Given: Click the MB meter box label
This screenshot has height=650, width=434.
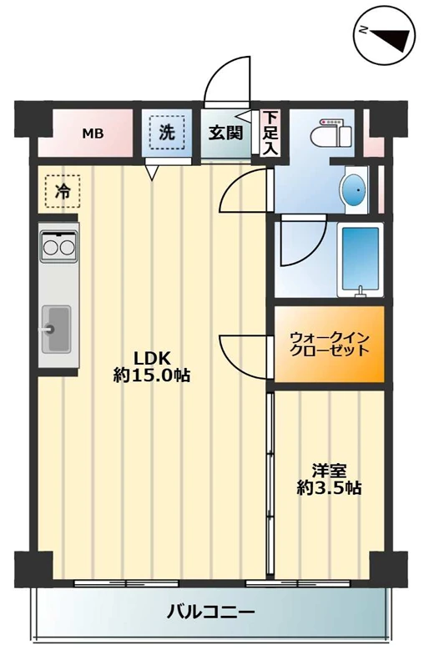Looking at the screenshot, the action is (x=93, y=134).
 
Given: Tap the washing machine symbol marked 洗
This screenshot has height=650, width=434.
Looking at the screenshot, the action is (x=167, y=132).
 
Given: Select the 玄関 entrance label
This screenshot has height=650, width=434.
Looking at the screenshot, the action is (x=225, y=133).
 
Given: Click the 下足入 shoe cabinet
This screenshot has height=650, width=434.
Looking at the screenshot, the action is (x=270, y=133).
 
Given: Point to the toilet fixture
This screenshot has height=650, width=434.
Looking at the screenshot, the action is (x=331, y=134).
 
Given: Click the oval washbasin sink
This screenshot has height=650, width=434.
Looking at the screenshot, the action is (x=353, y=190).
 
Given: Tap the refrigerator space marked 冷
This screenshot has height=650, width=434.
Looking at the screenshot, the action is (x=63, y=191).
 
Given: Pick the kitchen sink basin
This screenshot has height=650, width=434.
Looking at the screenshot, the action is (x=56, y=329).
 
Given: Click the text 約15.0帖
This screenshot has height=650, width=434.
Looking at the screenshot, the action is (x=152, y=375).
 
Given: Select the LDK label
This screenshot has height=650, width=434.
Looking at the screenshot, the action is (x=151, y=357).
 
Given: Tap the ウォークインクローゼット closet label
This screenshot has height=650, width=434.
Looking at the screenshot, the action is (x=330, y=344).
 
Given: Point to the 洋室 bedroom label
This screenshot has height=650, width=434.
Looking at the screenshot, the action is (x=330, y=471).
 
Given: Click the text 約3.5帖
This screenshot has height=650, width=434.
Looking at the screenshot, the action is (x=329, y=488).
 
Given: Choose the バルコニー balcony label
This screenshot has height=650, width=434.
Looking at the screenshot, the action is (x=210, y=612).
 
